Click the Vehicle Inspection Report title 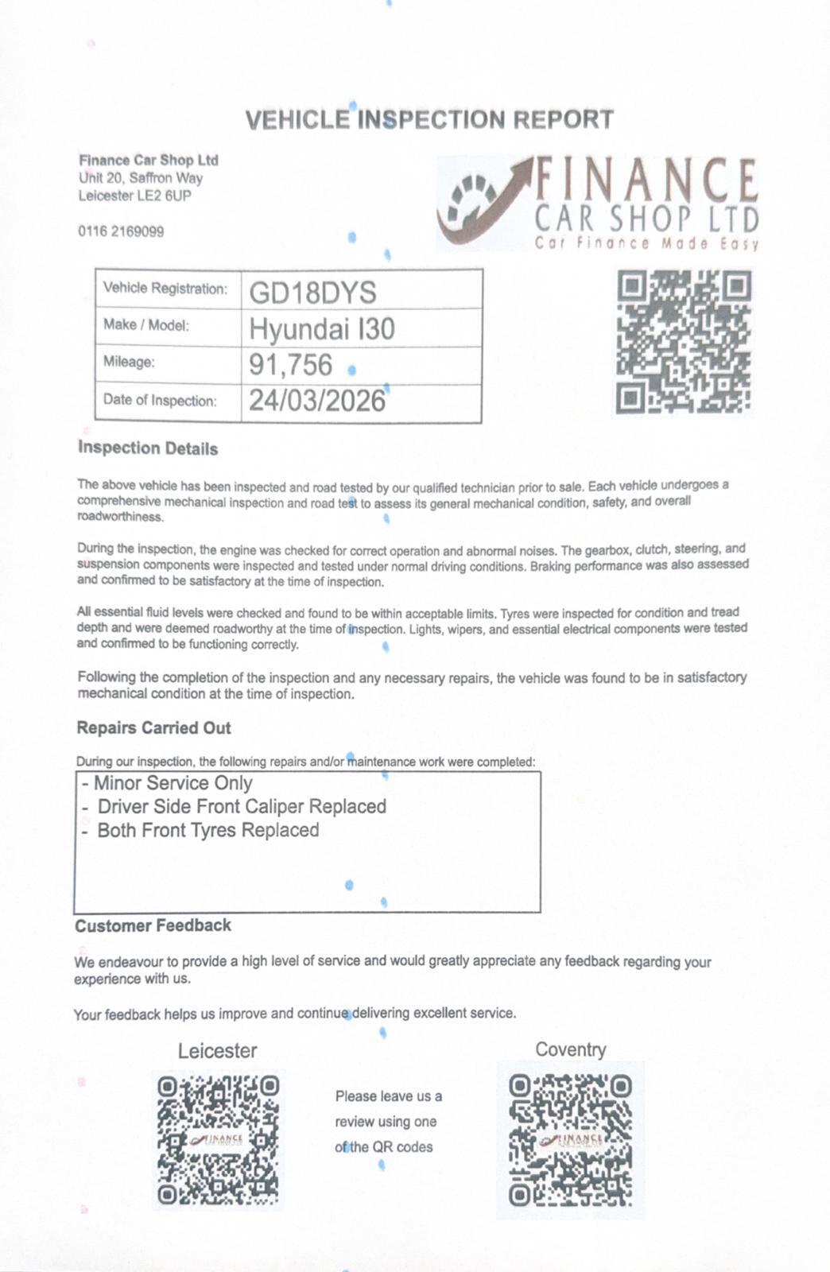coord(429,120)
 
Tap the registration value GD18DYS coord(312,293)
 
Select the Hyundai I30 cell coord(321,329)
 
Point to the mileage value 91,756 coord(290,364)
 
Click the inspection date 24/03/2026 coord(316,401)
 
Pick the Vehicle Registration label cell coord(165,289)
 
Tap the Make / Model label coord(146,325)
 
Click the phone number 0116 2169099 coord(121,231)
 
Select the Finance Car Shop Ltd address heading coord(148,160)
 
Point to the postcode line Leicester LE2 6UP coord(134,196)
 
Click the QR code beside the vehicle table coord(684,341)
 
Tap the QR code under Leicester coord(218,1139)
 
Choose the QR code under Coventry coord(570,1139)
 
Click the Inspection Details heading coord(148,448)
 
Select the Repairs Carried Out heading coord(153,727)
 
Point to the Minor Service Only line coord(167,783)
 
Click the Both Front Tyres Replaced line coord(200,830)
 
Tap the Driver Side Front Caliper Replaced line coord(234,806)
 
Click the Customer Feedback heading coord(153,925)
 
